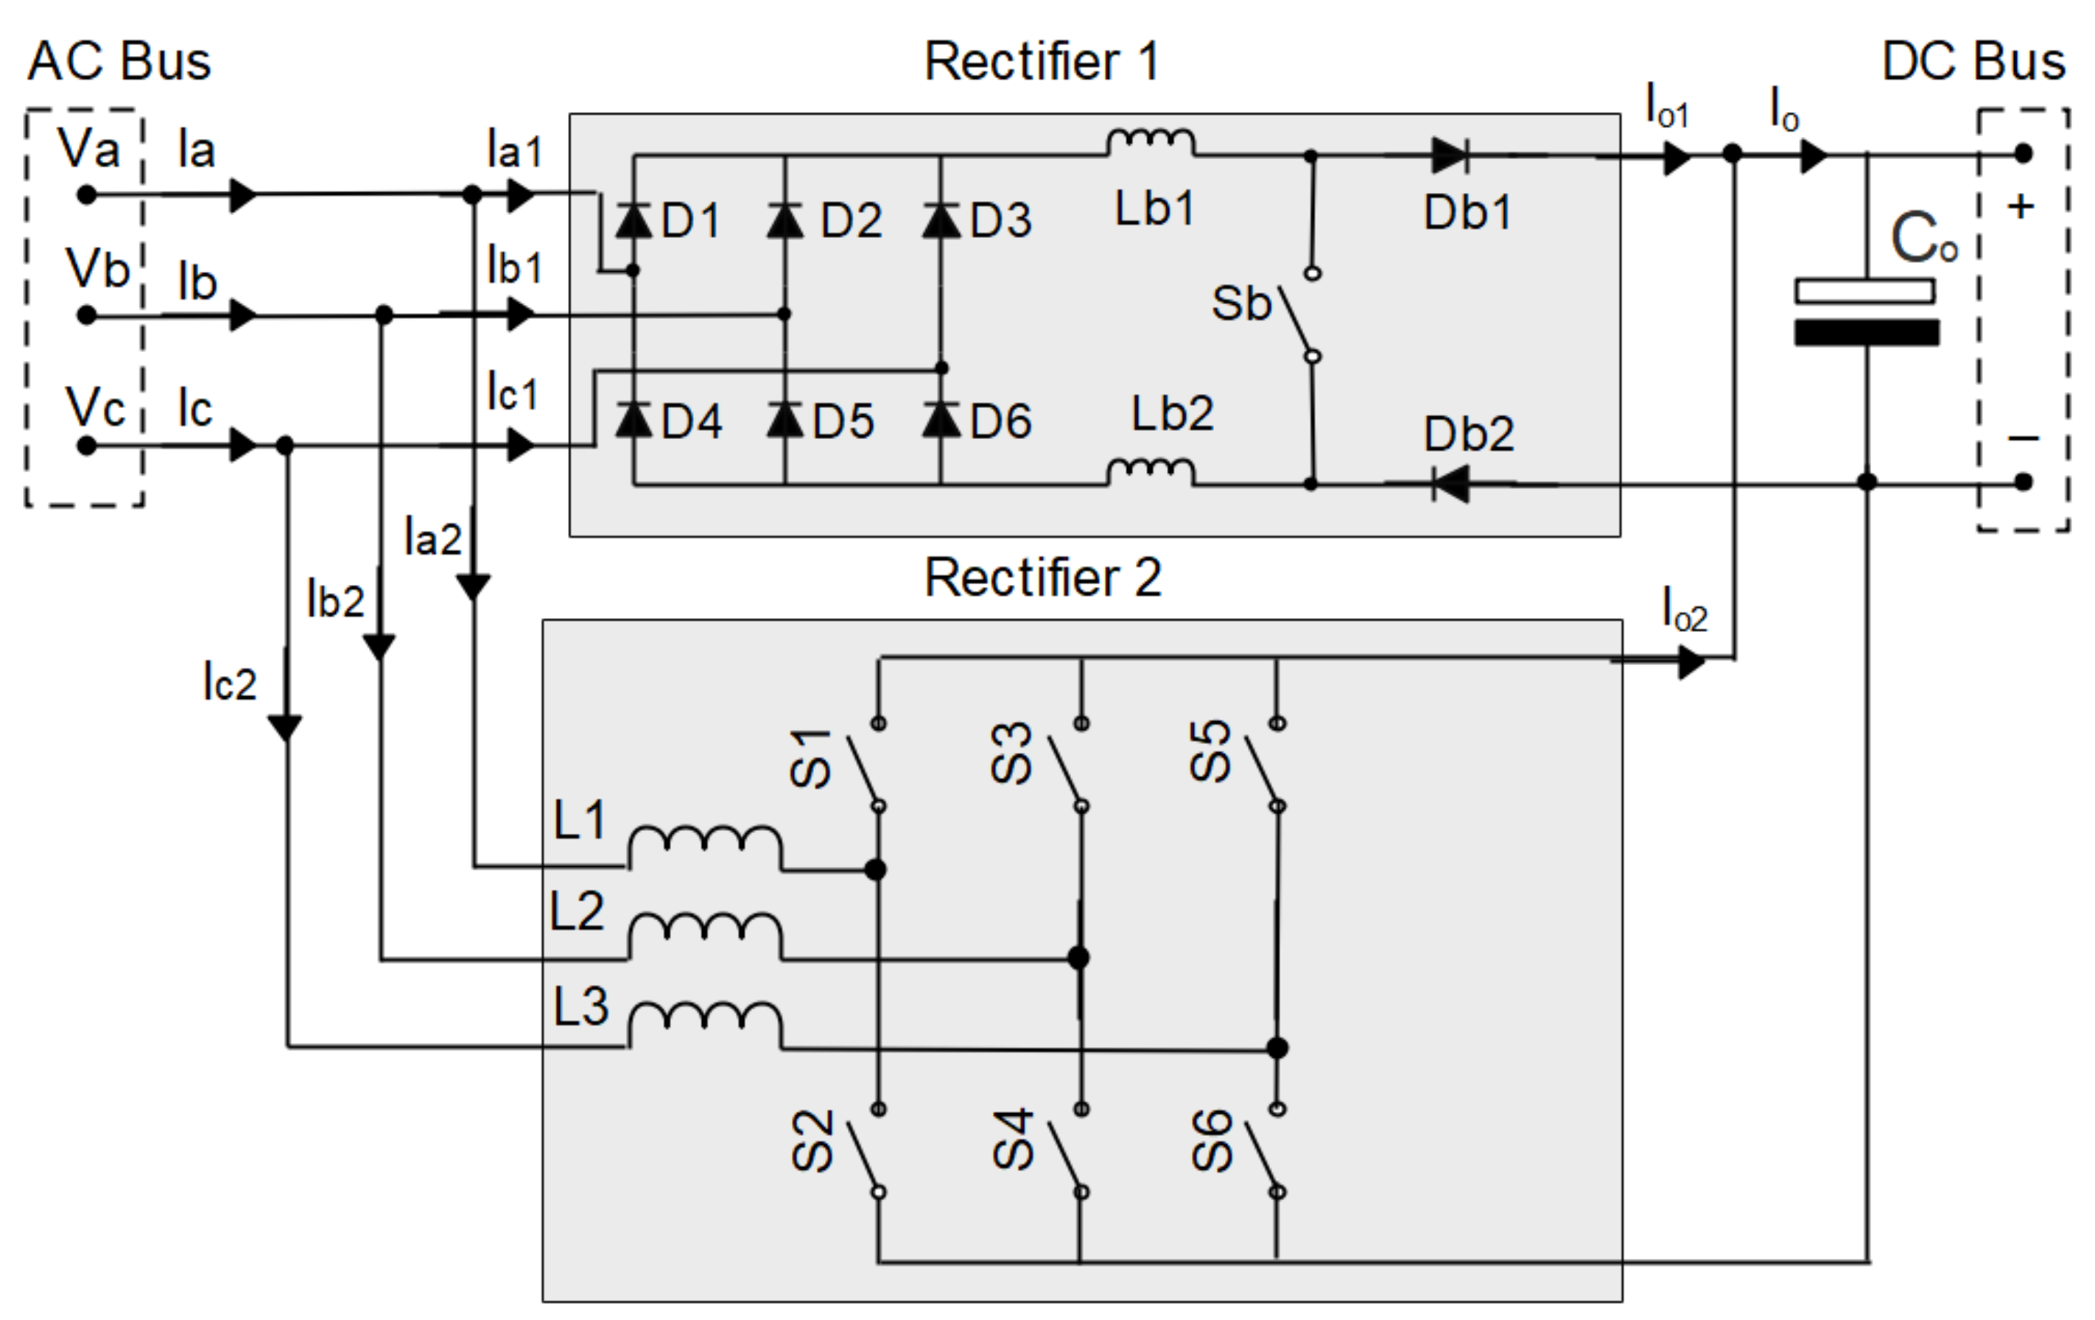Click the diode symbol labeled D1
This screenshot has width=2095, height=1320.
(634, 220)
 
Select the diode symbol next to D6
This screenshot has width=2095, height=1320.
(941, 419)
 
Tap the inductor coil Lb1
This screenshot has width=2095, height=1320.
(1150, 143)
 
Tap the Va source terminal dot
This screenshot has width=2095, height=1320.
(86, 195)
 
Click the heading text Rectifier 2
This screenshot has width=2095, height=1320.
(1042, 577)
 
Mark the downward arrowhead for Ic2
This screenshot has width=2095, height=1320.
(284, 726)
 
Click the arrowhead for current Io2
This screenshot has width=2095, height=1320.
(1691, 663)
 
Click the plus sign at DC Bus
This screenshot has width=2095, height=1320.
(2020, 207)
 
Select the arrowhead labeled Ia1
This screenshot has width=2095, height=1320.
(520, 195)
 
